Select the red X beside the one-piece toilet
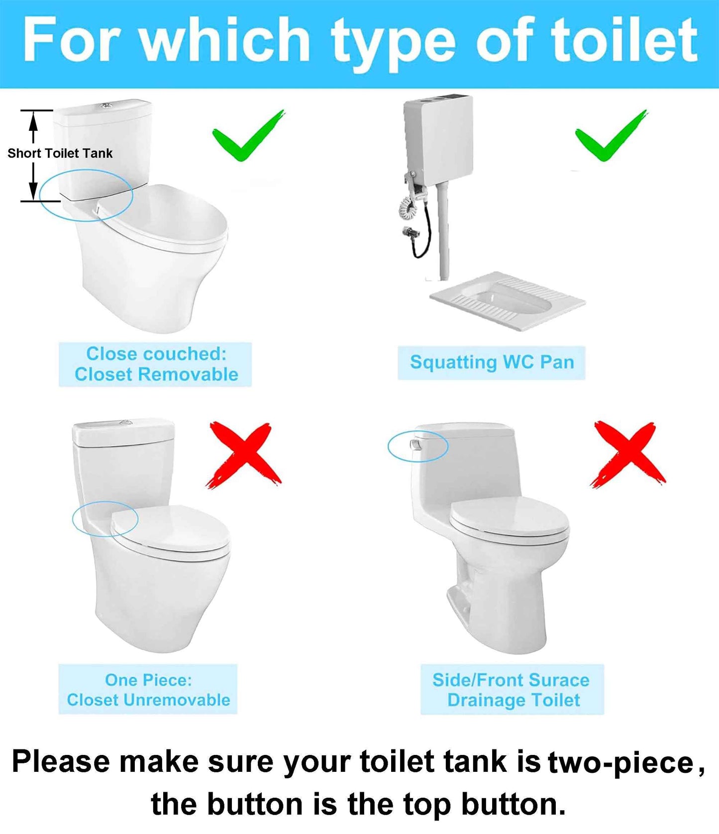point(243,455)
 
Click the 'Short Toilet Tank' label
point(60,153)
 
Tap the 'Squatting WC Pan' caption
point(492,363)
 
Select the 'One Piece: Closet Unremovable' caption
point(148,690)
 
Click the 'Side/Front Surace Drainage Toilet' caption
point(512,690)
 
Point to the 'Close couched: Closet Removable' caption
point(156,364)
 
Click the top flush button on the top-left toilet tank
point(105,105)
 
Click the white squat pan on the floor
point(508,301)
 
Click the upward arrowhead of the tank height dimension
point(33,120)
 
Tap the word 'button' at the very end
point(513,804)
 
